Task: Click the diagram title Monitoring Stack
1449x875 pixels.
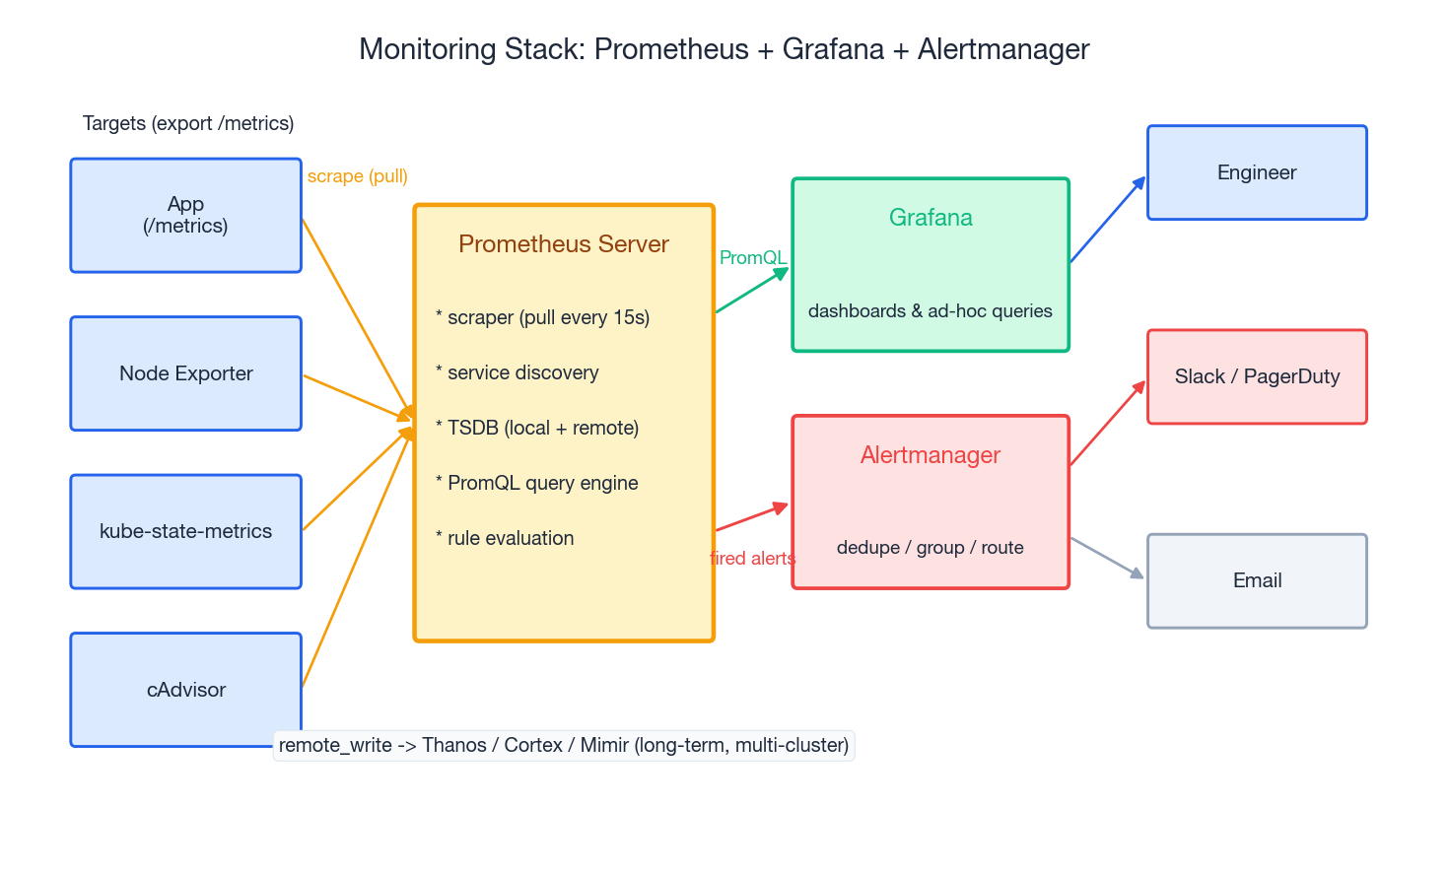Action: tap(724, 49)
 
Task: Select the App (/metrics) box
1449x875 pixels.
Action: tap(185, 215)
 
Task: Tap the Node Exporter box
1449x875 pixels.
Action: tap(185, 373)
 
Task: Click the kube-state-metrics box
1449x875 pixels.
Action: tap(185, 531)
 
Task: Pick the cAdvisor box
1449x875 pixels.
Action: tap(185, 690)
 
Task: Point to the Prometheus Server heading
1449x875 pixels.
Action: tap(563, 244)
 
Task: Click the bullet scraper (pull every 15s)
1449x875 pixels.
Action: tap(543, 317)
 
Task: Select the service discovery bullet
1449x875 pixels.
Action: tap(517, 372)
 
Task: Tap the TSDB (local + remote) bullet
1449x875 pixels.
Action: tap(538, 428)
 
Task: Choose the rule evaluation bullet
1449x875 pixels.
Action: tap(506, 538)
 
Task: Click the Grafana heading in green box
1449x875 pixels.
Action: tap(930, 218)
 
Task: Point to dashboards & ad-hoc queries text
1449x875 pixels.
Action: tap(930, 311)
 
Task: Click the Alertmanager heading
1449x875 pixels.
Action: tap(930, 455)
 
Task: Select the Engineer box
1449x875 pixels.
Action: tap(1257, 172)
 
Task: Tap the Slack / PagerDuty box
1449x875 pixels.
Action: tap(1257, 376)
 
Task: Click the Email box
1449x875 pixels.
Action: tap(1257, 580)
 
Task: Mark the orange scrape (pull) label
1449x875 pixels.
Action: tap(357, 176)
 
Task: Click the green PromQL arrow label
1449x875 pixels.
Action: tap(752, 258)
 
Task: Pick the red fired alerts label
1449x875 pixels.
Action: tap(752, 559)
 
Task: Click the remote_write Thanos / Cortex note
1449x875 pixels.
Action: tap(563, 745)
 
